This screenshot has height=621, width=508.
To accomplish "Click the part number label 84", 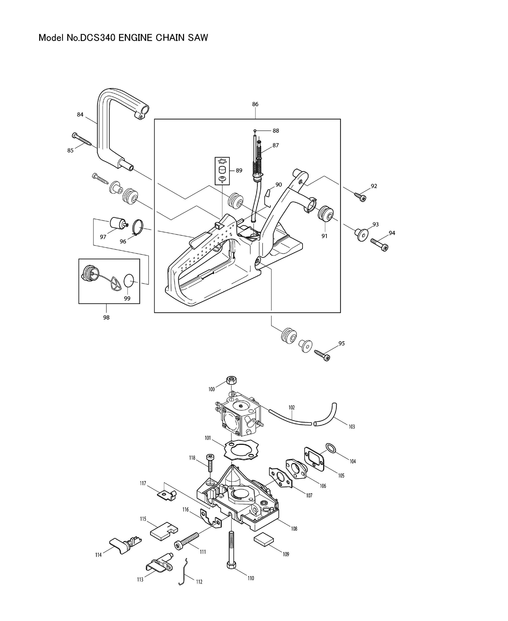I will click(x=80, y=115).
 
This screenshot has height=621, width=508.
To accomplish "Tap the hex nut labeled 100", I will click(x=231, y=381).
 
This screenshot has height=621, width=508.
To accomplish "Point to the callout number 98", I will click(x=106, y=317).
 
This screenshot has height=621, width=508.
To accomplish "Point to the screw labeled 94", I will click(x=379, y=245).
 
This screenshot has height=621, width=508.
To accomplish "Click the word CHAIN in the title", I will click(x=170, y=38).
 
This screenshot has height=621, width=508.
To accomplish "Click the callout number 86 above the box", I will click(x=255, y=104).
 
